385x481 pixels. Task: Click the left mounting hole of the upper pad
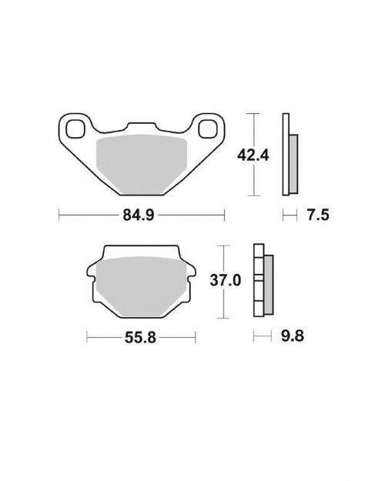pyautogui.click(x=75, y=128)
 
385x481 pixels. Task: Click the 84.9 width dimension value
pyautogui.click(x=143, y=215)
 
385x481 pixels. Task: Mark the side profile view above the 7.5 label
pyautogui.click(x=290, y=154)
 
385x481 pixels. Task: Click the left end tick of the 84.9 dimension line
pyautogui.click(x=60, y=215)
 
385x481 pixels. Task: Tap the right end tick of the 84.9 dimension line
pyautogui.click(x=224, y=215)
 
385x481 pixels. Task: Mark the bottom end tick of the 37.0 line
pyautogui.click(x=223, y=317)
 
